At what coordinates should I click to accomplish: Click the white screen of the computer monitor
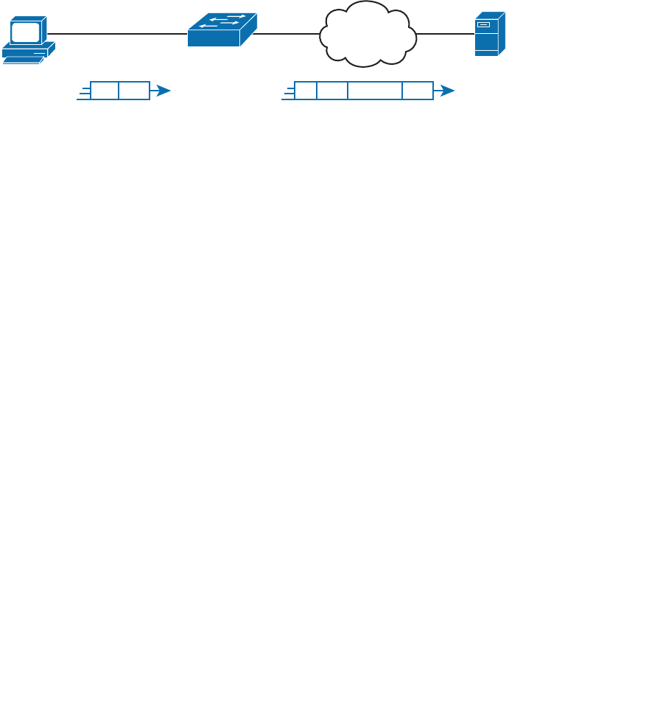24,32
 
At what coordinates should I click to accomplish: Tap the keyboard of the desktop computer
22,60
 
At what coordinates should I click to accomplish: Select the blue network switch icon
222,30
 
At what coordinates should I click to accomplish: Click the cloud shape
368,34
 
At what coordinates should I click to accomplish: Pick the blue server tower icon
489,34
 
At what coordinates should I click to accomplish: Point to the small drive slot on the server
483,25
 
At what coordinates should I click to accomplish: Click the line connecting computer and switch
118,34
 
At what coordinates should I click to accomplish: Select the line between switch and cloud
287,34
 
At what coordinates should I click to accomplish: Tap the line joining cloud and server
445,34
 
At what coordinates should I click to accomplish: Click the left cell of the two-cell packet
105,91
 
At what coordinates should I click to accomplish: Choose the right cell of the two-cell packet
134,91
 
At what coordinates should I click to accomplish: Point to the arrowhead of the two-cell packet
163,91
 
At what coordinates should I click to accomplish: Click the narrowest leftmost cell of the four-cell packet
306,91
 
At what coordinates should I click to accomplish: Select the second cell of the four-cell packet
332,91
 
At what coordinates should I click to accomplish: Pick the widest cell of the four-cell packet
375,91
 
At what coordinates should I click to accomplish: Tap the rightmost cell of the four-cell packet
418,91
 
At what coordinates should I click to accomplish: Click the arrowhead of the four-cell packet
446,91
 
